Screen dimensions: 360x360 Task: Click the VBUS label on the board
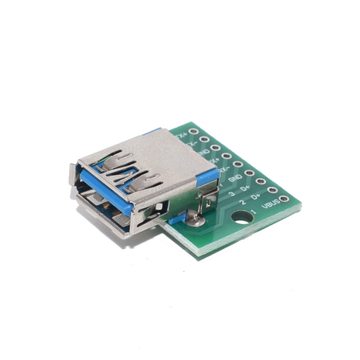268,205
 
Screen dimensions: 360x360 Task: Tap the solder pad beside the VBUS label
284,199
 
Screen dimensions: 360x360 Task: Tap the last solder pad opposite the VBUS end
193,130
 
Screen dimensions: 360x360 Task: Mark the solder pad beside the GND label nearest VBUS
249,173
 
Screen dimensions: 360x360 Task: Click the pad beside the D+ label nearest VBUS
272,190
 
